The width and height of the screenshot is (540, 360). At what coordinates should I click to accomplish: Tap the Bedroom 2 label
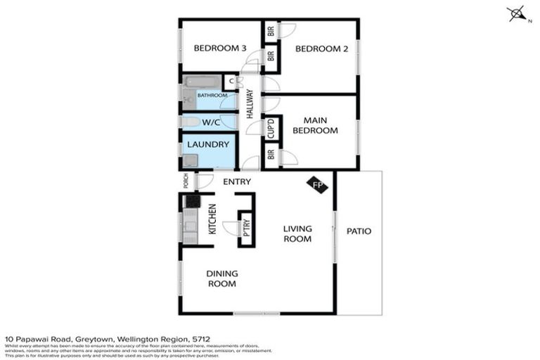[x=317, y=49]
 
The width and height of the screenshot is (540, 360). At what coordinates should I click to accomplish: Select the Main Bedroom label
[x=315, y=125]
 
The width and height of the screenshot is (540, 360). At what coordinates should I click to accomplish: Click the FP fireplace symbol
[x=317, y=184]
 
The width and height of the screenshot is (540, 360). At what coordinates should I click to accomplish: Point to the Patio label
[x=359, y=231]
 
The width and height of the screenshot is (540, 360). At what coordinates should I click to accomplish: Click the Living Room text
[x=297, y=233]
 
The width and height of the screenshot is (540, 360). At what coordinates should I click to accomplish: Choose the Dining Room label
[x=221, y=278]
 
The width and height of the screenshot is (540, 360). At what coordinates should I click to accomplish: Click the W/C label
[x=212, y=122]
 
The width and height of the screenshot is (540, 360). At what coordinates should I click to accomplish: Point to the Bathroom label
[x=212, y=95]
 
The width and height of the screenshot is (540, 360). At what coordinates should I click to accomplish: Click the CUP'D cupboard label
[x=271, y=129]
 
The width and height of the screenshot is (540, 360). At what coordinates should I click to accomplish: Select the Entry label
[x=237, y=182]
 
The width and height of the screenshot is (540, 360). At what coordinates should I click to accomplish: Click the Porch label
[x=186, y=181]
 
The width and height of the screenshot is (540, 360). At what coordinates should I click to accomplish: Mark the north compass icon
[x=517, y=14]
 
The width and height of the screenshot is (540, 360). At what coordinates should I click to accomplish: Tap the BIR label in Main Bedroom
[x=271, y=155]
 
